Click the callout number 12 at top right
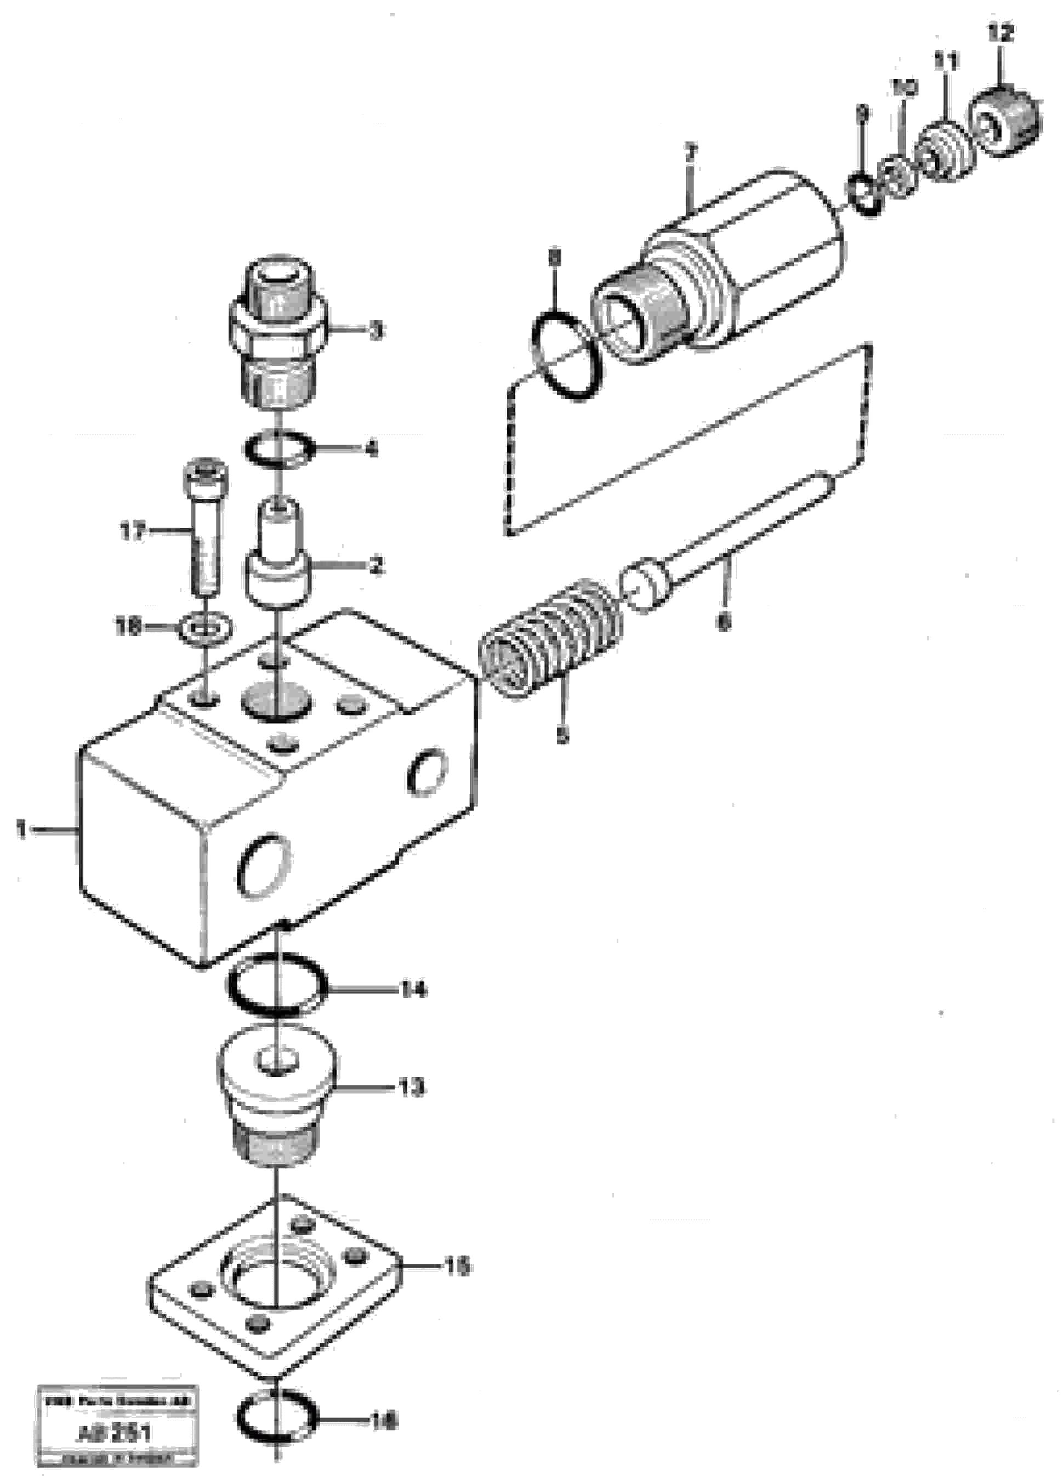(1001, 32)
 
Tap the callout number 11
(947, 63)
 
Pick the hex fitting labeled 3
(278, 332)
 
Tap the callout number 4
(371, 449)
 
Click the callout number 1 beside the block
(21, 830)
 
